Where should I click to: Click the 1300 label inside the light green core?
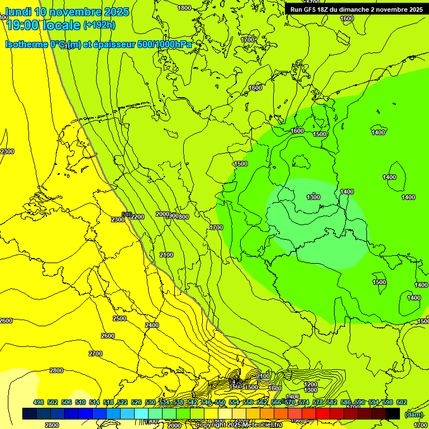point(313,197)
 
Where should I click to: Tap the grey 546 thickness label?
point(127,215)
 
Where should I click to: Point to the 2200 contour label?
point(137,217)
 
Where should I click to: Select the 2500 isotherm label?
point(120,318)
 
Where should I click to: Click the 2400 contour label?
point(152,325)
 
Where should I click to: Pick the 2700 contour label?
point(96,354)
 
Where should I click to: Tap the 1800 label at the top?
point(184,8)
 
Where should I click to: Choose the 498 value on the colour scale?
point(39,402)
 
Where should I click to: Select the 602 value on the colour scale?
point(401,402)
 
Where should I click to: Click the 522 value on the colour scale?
point(122,402)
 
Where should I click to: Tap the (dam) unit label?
point(414,414)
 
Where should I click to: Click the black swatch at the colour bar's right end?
point(393,413)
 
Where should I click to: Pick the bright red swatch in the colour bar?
point(323,413)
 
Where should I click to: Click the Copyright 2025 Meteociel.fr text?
point(239,425)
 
